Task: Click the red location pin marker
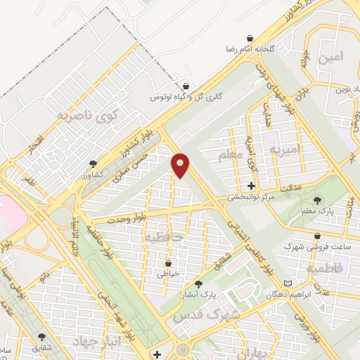point(181,165)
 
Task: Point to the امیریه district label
point(288,148)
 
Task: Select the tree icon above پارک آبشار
point(198,284)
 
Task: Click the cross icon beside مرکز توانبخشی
point(252,186)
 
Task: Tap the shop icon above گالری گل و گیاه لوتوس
point(186,86)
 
